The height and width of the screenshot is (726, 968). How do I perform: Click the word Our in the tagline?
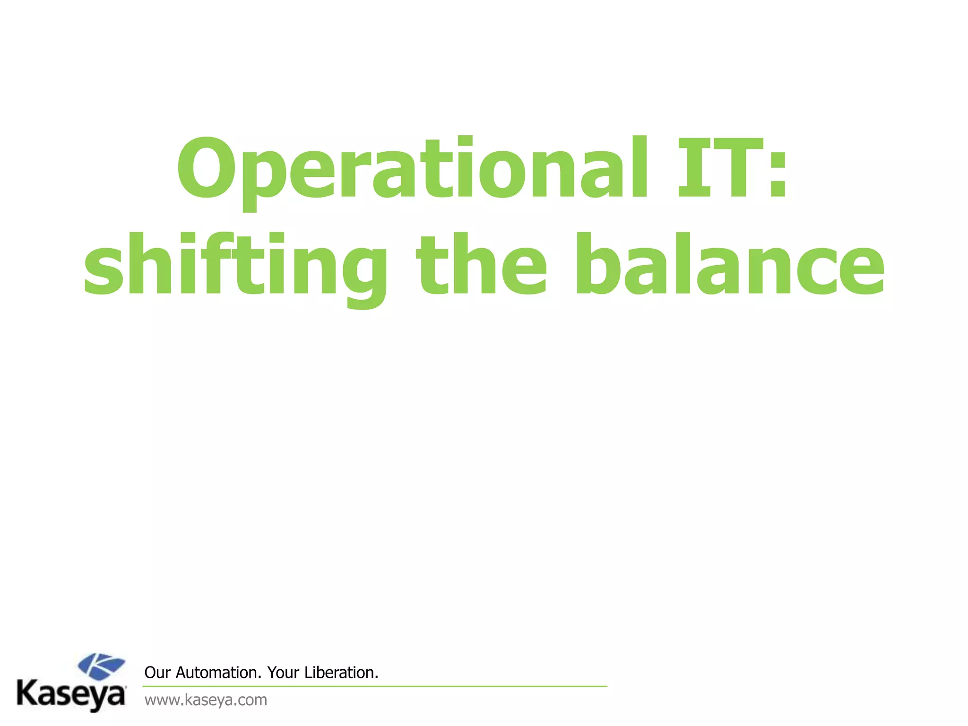(157, 673)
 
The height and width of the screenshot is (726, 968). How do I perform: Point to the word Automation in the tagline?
(218, 673)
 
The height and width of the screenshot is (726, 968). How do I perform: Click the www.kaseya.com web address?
(206, 700)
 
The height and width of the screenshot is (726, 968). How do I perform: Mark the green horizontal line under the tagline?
(374, 686)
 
